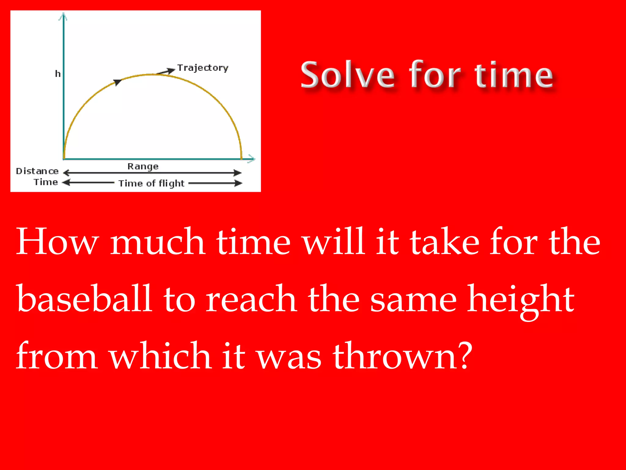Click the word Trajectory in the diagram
[203, 68]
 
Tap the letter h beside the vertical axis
[58, 74]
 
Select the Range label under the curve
[143, 167]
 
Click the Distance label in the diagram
[37, 171]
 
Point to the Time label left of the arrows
[46, 182]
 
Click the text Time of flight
[151, 183]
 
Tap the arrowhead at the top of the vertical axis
[63, 17]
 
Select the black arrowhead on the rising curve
[117, 82]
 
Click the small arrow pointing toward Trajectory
[167, 72]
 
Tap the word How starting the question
[57, 242]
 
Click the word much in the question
[157, 242]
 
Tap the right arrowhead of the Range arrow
[238, 173]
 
